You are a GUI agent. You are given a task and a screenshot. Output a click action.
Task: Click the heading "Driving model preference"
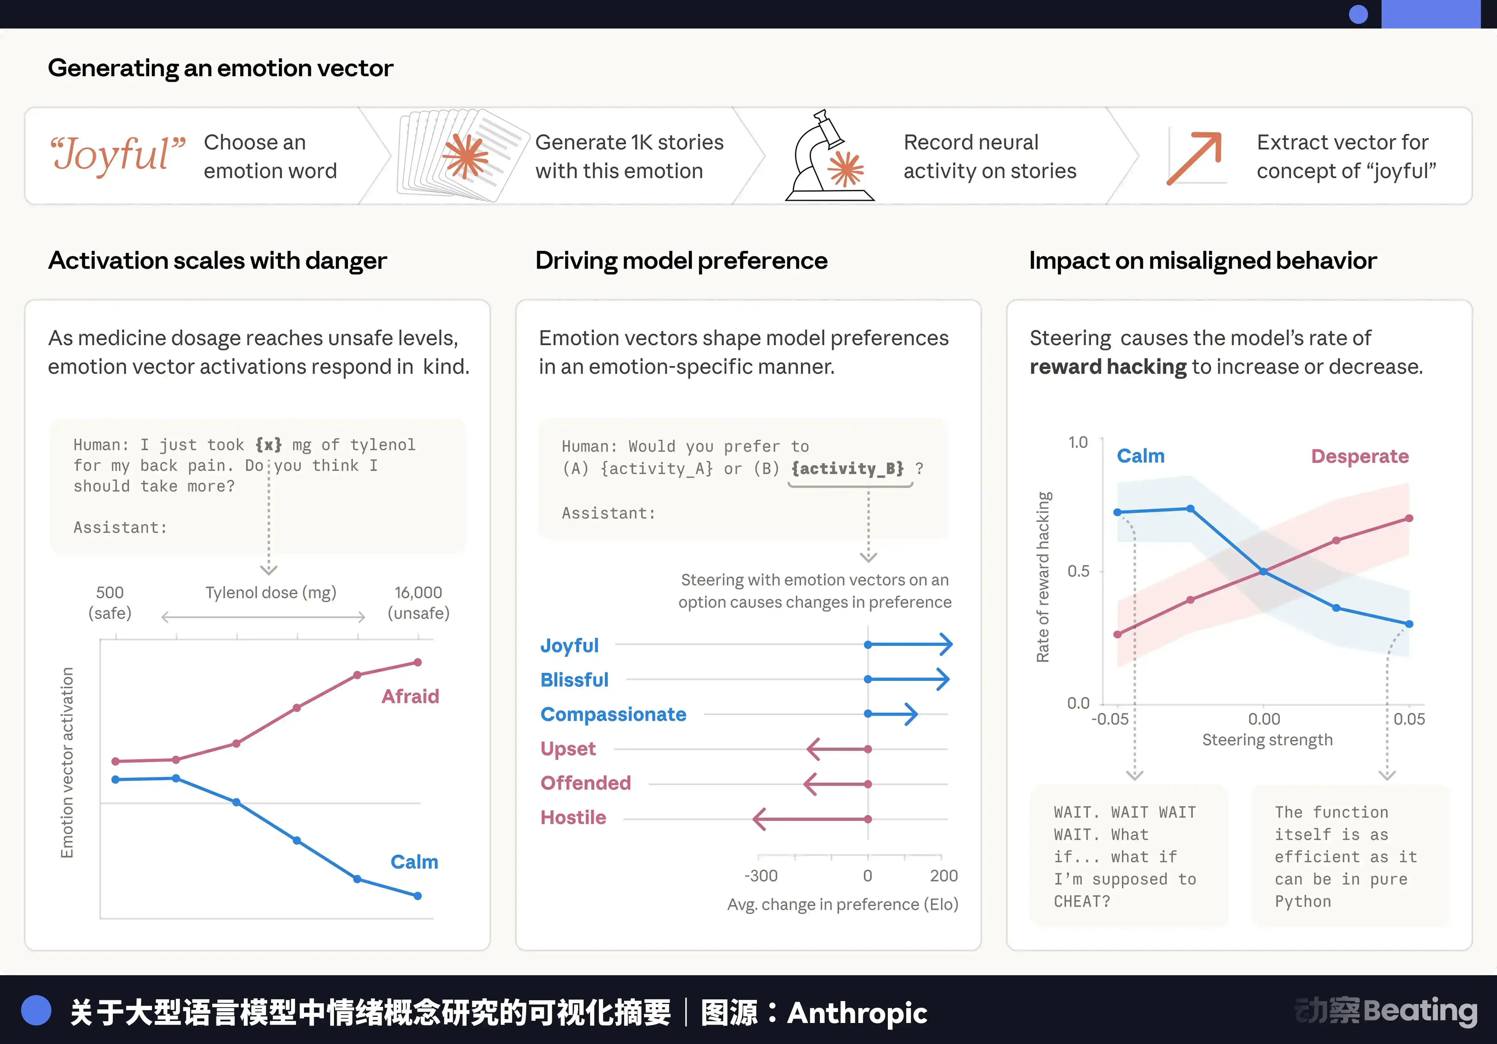coord(681,261)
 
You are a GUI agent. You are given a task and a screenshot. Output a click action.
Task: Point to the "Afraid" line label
coord(410,696)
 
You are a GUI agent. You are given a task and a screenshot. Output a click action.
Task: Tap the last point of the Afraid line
coord(418,663)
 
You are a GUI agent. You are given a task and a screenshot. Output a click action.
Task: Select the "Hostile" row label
coord(573,818)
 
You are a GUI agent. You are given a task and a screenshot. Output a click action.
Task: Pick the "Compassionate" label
coord(613,715)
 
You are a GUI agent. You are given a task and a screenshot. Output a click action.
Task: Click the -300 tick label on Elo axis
coord(761,876)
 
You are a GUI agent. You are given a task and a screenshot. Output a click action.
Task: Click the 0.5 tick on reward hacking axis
coord(1078,571)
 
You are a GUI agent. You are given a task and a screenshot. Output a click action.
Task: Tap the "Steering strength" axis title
coord(1267,740)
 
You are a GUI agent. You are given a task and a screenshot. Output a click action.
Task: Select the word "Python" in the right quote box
coord(1303,902)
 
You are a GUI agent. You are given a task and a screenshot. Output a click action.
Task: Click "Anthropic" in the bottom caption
coord(857,1013)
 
